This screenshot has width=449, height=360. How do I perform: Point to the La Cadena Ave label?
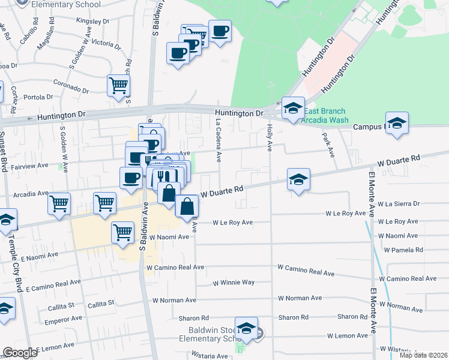(219, 140)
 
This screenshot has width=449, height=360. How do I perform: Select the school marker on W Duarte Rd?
(298, 179)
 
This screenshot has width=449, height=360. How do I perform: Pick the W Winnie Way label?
(234, 283)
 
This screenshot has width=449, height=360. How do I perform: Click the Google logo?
(20, 353)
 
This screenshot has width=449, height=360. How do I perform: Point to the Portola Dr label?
(39, 97)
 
